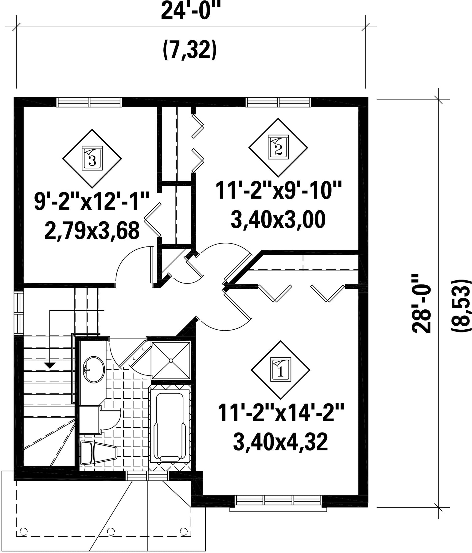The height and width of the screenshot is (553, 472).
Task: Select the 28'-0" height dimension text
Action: [x=422, y=308]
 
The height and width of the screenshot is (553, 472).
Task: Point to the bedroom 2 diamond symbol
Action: [x=278, y=148]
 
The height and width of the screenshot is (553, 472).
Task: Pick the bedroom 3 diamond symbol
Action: [x=92, y=159]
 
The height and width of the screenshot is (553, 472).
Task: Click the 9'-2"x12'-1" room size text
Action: [x=92, y=202]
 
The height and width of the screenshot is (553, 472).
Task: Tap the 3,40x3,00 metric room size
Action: [x=278, y=220]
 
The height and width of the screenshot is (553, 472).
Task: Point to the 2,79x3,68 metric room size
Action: [x=92, y=231]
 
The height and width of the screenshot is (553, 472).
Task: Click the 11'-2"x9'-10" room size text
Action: [x=278, y=191]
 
